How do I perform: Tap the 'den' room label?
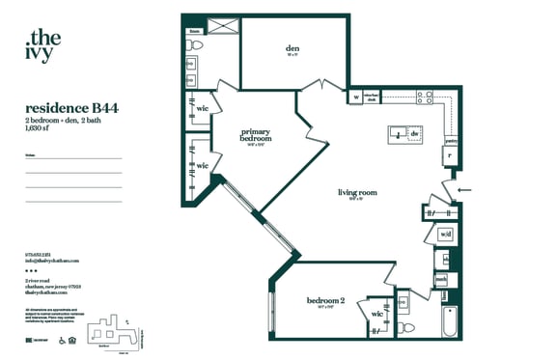pos(290,49)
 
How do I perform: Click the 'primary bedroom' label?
pos(256,135)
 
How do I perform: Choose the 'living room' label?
pos(356,192)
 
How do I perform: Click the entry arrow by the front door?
pos(464,190)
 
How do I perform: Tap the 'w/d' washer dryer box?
pos(446,234)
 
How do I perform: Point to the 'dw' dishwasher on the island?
pos(413,135)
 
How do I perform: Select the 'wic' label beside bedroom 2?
pos(377,313)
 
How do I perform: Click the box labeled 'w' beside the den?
pos(356,97)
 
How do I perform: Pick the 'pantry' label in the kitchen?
pos(450,141)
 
